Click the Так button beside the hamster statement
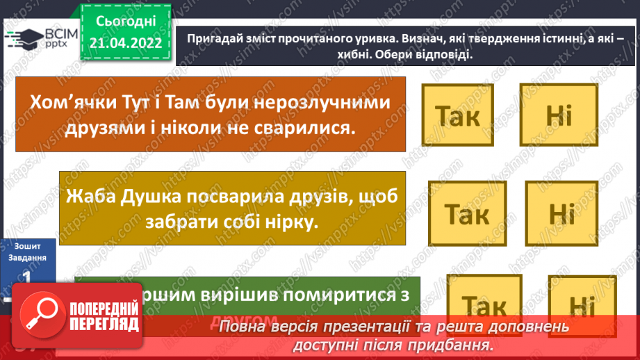point(457,116)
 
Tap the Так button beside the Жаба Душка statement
point(466,214)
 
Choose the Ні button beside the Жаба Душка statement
point(561,214)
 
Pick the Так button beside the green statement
point(484,306)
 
